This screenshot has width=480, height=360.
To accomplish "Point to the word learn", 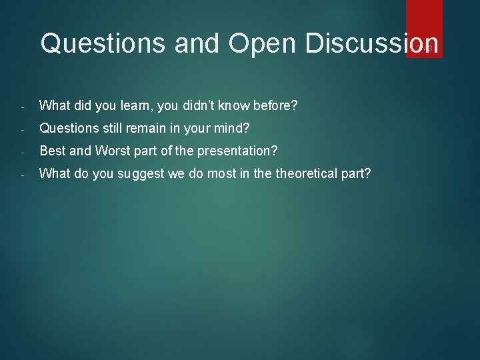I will point(137,105).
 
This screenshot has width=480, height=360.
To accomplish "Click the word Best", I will point(53,151).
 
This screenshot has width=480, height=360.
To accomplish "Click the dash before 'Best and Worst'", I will point(23,152).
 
